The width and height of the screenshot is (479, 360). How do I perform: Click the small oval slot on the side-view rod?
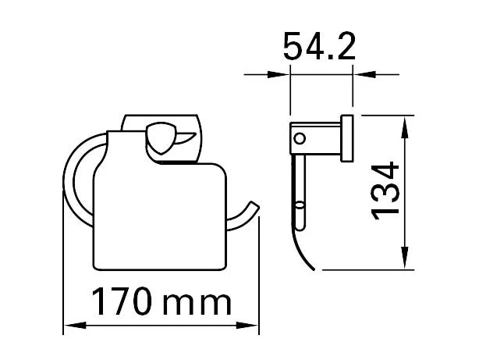[x=300, y=210]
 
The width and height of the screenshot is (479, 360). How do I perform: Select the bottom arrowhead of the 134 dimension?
[x=405, y=262]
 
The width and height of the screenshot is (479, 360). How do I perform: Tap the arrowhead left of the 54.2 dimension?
[x=283, y=75]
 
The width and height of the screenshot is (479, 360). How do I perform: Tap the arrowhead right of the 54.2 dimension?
[x=360, y=75]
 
